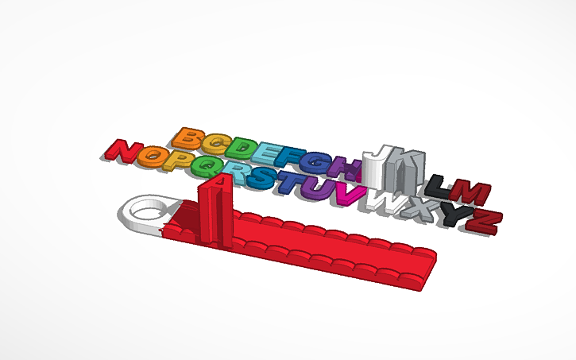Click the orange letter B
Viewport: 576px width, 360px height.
(188, 138)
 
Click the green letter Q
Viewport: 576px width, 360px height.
(204, 166)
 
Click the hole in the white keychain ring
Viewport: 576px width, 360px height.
(148, 211)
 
